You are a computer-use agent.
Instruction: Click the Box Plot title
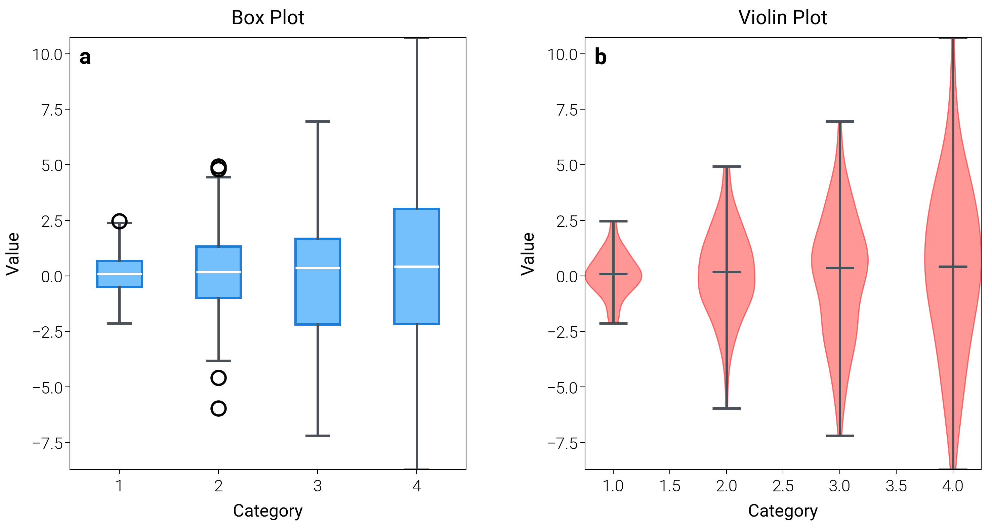267,18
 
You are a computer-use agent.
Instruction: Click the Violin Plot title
783,18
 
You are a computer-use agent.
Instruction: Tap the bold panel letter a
85,57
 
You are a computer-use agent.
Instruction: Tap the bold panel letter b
601,57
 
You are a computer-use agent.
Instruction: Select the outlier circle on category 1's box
119,221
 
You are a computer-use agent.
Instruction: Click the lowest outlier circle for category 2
218,408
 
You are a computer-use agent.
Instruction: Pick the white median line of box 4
417,267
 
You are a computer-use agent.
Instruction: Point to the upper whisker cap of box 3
318,122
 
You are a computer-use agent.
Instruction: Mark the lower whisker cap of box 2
218,361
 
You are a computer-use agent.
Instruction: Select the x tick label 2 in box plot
218,486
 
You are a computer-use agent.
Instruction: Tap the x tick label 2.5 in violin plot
783,486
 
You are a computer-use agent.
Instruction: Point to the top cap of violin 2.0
726,167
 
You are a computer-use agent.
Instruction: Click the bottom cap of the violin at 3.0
840,436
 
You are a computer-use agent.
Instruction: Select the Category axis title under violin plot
783,511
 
